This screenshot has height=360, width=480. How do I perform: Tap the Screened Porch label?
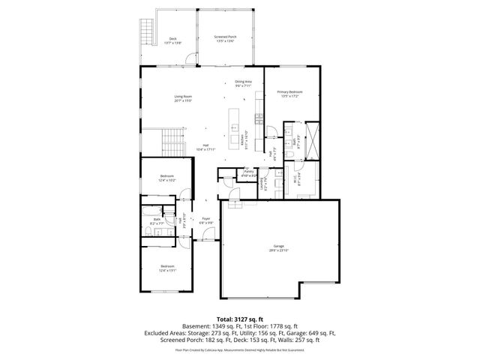pyautogui.click(x=225, y=38)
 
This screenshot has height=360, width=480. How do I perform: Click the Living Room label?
pyautogui.click(x=183, y=97)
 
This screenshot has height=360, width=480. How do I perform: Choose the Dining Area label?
pyautogui.click(x=243, y=82)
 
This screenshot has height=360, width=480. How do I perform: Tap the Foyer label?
pyautogui.click(x=205, y=221)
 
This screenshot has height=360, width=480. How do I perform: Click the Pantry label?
pyautogui.click(x=248, y=173)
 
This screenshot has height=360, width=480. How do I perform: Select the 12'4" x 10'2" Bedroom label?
pyautogui.click(x=166, y=178)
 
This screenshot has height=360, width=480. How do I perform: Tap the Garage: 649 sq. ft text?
pyautogui.click(x=315, y=333)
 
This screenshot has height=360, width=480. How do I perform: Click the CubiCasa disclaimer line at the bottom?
pyautogui.click(x=240, y=349)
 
